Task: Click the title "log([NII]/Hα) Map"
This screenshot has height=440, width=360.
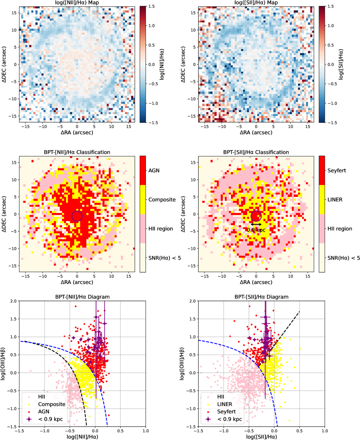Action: tap(77, 3)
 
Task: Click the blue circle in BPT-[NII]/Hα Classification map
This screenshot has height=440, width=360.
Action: tap(77, 216)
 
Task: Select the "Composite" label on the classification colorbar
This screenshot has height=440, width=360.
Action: tap(162, 200)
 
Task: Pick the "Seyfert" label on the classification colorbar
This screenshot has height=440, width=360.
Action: tap(337, 171)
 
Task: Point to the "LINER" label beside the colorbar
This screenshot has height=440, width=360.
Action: tap(335, 200)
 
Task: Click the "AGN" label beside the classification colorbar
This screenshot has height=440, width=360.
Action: tap(154, 171)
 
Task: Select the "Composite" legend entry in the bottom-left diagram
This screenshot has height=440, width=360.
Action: tap(51, 404)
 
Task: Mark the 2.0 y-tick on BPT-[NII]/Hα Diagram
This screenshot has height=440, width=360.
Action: tap(14, 301)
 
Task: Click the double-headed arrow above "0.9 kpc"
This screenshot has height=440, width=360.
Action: tap(256, 224)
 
